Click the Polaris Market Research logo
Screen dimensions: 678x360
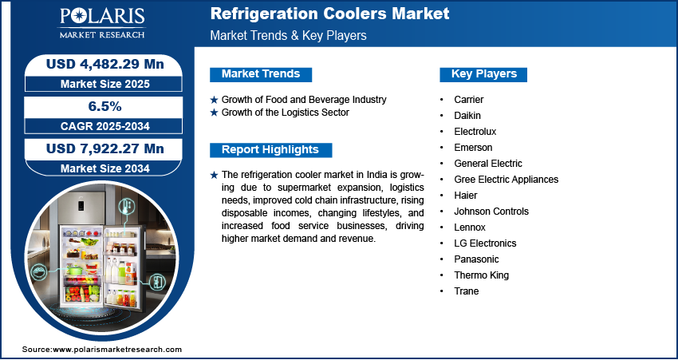click(102, 23)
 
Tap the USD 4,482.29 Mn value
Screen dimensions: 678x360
click(105, 65)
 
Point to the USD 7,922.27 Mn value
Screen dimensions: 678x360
click(105, 148)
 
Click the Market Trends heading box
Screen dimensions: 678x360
click(261, 74)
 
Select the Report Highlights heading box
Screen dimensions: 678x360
click(270, 150)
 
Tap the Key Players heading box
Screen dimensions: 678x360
click(483, 74)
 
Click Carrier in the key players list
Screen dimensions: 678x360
click(469, 100)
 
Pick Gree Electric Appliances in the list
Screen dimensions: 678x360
click(506, 179)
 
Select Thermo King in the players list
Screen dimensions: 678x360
click(481, 275)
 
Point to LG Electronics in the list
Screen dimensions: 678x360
click(485, 243)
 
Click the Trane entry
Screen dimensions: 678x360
click(466, 291)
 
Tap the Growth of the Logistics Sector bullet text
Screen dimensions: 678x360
click(286, 113)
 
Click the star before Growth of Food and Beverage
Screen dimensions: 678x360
click(214, 100)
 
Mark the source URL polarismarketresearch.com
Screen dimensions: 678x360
click(117, 350)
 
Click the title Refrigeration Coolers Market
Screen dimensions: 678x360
click(330, 14)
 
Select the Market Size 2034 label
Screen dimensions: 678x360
click(105, 168)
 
